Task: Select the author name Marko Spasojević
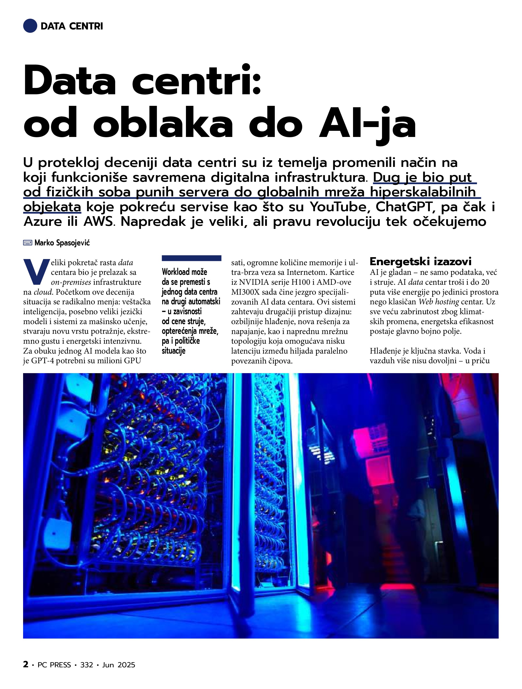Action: click(x=62, y=243)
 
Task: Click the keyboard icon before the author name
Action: click(x=28, y=243)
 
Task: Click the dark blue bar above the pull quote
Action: click(x=192, y=258)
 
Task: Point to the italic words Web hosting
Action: click(x=439, y=302)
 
